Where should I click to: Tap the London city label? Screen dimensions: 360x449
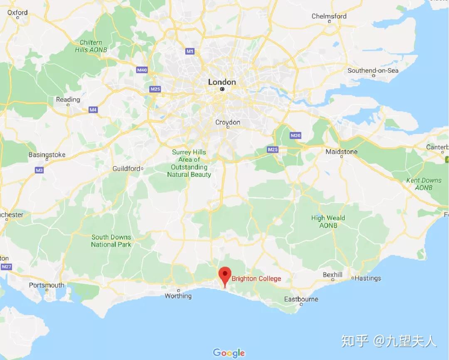(222, 82)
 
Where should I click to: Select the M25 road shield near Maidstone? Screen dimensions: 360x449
(273, 149)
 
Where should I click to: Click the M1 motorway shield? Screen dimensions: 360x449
(190, 51)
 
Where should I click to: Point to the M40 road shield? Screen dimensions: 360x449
(142, 70)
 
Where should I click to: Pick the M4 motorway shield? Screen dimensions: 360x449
(93, 110)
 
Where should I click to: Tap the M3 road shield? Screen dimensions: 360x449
(39, 170)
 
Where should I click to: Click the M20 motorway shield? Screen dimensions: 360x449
(295, 135)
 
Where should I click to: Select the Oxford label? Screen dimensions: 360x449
(17, 12)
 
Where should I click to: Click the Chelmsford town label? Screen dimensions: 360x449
(329, 16)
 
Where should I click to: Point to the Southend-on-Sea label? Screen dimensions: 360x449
(373, 70)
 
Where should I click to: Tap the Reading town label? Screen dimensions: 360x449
(68, 99)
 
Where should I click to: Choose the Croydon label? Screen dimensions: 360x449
(227, 122)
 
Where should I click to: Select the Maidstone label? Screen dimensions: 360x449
(341, 151)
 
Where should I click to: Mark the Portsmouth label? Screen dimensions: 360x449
(47, 285)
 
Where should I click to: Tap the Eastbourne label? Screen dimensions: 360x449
(301, 299)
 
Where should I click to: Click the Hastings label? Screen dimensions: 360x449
(368, 278)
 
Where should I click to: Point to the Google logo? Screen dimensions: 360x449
(229, 353)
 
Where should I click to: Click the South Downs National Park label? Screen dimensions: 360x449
(111, 241)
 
